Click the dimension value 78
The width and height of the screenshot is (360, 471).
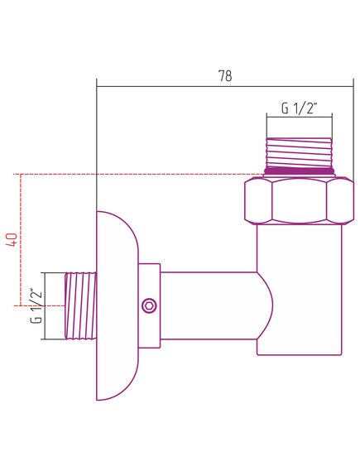point(225,76)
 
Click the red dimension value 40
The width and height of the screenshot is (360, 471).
point(12,239)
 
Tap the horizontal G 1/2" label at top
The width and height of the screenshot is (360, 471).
point(299,108)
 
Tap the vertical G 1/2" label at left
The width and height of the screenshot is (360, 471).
point(36,306)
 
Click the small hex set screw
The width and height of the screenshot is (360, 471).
point(149,305)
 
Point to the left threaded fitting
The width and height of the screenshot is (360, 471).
point(81,306)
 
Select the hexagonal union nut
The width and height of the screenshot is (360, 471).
point(299,201)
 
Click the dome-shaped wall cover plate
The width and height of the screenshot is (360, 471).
point(118,305)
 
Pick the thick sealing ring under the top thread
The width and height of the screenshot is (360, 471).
point(300,171)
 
